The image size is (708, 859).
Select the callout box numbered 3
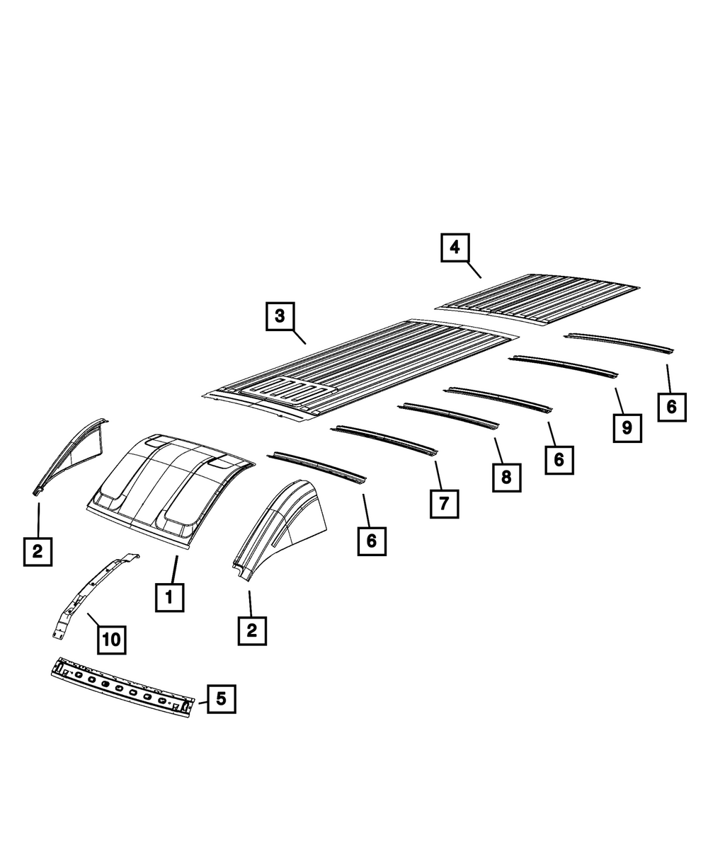tap(280, 316)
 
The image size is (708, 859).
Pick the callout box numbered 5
tap(221, 699)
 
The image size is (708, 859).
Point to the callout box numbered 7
tap(444, 503)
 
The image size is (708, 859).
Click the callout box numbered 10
tap(111, 640)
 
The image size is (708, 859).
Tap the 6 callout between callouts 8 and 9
tap(559, 459)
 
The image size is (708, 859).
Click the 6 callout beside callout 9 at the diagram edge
tap(671, 406)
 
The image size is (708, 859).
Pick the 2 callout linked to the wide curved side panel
tap(252, 629)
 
